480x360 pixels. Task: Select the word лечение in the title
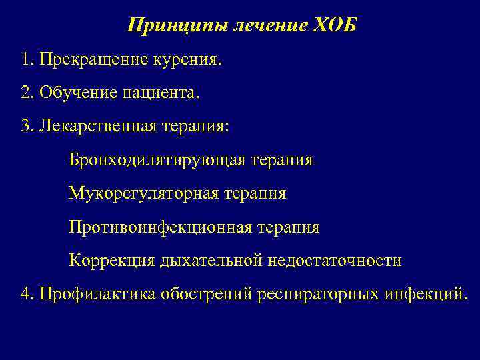point(267,27)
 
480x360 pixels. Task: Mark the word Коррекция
point(111,260)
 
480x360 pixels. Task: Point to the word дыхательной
point(210,260)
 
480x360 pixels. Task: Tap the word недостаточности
point(335,260)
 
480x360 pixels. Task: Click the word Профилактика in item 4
point(97,293)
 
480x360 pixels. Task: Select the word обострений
point(207,293)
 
